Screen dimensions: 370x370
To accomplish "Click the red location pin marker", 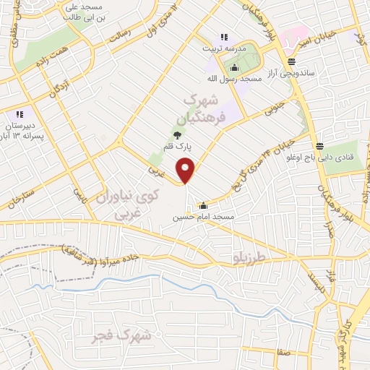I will click(x=186, y=171).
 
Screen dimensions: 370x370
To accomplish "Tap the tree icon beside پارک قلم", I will click(x=178, y=135).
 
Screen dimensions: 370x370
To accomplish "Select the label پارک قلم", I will click(x=178, y=147).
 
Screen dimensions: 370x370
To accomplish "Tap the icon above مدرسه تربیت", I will click(x=224, y=37).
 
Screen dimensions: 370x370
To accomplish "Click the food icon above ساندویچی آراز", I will click(x=291, y=62).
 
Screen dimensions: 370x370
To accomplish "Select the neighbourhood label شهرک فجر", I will click(x=123, y=335).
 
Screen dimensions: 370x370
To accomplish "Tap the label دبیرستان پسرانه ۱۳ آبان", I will click(x=20, y=129).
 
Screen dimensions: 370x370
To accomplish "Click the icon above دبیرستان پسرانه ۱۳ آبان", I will click(x=20, y=113).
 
